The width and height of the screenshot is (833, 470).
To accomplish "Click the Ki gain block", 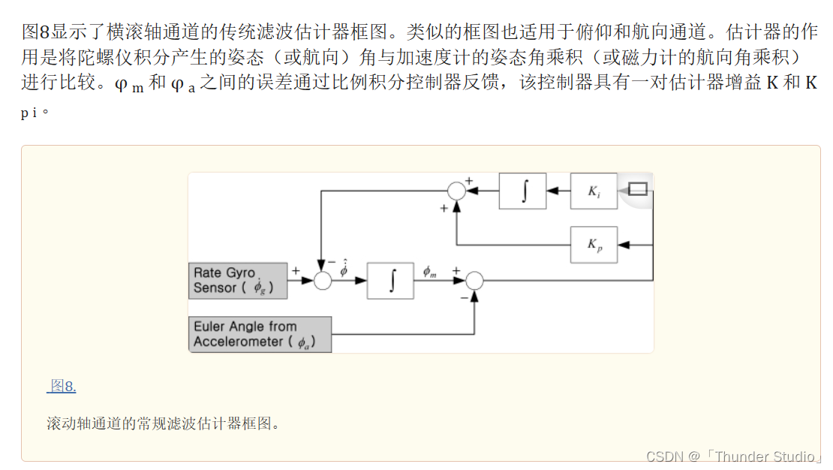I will point(594,191).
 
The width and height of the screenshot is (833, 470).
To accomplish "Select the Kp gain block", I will point(594,245).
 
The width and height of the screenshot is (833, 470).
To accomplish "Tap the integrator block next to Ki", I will point(523,191).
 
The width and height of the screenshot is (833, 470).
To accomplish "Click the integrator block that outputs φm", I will point(390,281).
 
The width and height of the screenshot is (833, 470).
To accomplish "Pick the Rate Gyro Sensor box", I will point(238,281).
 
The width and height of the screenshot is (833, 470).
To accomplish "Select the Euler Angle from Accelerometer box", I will point(260,334).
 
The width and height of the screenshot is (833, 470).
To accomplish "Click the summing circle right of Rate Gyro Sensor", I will point(323,281).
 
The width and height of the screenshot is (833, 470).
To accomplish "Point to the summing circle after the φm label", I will point(474,281).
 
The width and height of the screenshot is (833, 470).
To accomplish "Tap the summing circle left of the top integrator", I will point(456,191).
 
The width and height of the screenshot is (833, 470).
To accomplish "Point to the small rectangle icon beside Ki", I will point(637,189).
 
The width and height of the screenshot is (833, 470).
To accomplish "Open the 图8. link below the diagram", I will point(63,387).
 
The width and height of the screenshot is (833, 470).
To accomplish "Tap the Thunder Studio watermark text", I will point(765,456).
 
